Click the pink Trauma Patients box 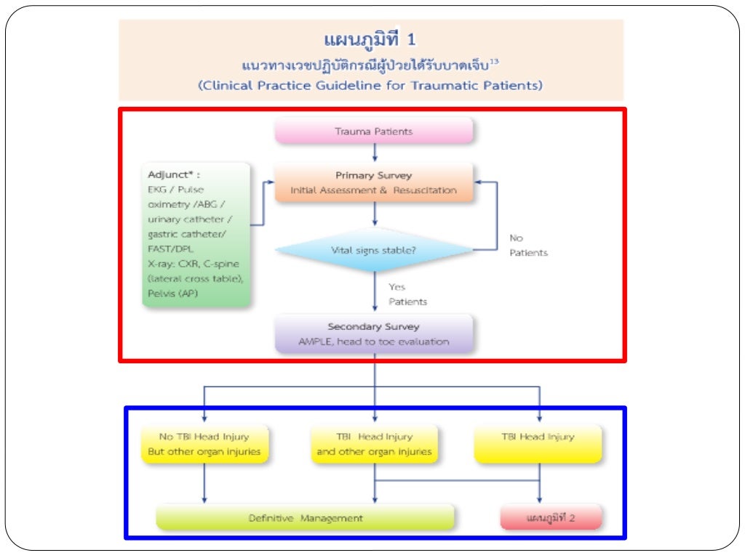coord(373,132)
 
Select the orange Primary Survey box coord(373,182)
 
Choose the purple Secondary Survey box coord(373,333)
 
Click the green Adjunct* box coord(196,235)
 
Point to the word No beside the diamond coord(516,238)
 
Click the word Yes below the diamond coord(397,287)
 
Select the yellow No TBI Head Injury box coord(204,444)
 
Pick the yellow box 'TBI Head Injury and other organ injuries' coord(374,444)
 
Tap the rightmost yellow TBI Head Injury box coord(538,444)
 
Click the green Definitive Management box coord(306,518)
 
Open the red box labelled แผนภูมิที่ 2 coord(550,518)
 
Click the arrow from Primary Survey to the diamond coord(374,214)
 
